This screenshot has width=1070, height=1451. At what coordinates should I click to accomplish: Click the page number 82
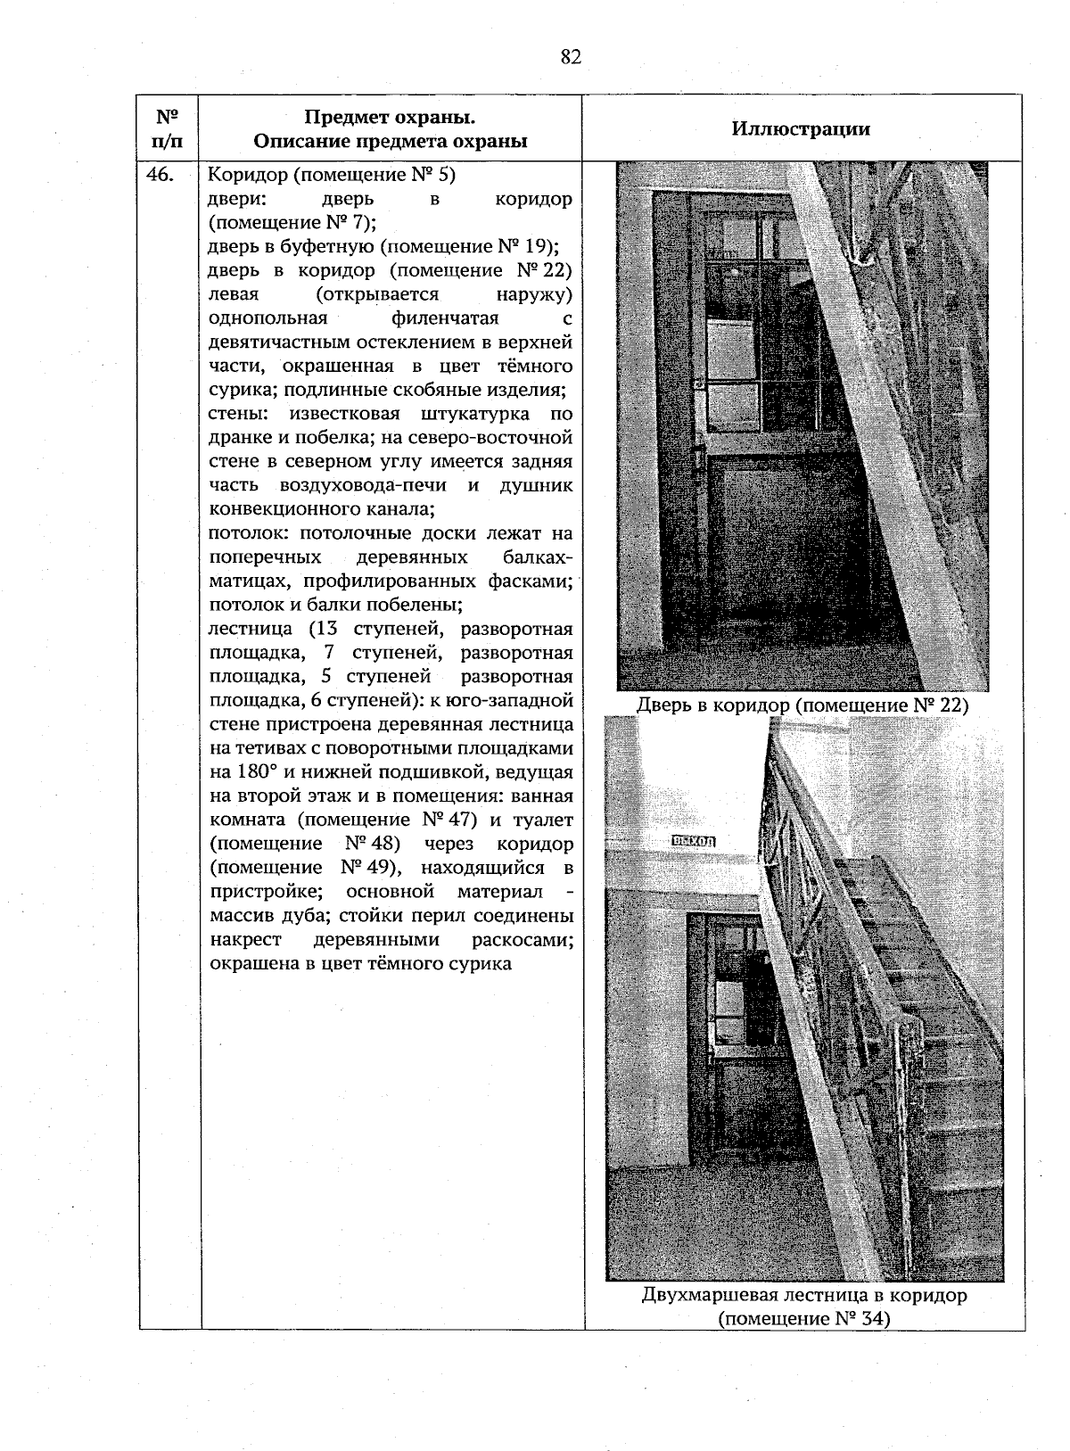tap(572, 58)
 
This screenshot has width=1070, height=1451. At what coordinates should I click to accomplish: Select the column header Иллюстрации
tap(801, 128)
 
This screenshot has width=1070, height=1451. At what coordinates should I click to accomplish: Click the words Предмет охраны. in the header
tap(390, 118)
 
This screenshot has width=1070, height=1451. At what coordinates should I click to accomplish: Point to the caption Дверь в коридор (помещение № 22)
tap(802, 705)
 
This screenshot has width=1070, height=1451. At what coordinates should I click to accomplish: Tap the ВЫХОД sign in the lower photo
tap(694, 840)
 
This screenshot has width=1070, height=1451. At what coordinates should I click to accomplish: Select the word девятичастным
tap(280, 342)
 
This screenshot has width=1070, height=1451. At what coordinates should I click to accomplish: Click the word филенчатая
tap(444, 318)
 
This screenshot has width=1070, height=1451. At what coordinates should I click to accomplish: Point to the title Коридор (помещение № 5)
tap(332, 175)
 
